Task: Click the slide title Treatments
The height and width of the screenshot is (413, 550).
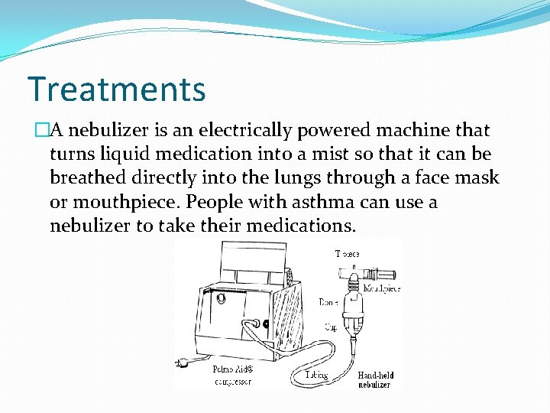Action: [116, 89]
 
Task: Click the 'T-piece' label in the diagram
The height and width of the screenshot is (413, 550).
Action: [347, 253]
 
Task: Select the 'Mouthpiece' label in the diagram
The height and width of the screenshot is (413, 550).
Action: [381, 289]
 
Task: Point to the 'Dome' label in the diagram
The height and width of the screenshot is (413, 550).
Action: [328, 303]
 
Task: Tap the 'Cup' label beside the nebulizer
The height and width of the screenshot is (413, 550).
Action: [331, 327]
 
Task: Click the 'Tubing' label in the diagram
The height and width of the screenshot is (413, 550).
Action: [315, 375]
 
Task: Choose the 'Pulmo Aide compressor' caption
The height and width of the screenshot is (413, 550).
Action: [231, 375]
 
